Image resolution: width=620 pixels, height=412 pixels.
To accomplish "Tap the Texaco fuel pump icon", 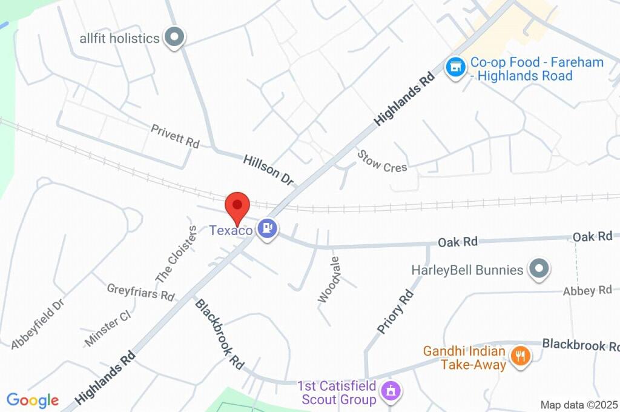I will click(267, 229).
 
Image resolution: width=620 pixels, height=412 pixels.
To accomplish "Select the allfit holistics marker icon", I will click(175, 38).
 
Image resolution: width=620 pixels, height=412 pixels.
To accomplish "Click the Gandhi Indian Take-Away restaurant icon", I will click(519, 356).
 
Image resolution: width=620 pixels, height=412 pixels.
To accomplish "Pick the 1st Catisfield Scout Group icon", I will click(391, 391).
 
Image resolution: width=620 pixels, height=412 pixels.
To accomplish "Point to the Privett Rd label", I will click(175, 136).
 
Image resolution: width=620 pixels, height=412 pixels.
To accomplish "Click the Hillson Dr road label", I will click(268, 170).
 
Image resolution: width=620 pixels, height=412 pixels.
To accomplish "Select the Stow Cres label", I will click(382, 161).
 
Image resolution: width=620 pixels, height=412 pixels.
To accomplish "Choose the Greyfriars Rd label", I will click(140, 291).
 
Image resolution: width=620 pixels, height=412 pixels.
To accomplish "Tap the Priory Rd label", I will click(395, 311).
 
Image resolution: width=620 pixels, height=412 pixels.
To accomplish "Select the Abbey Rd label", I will click(587, 291).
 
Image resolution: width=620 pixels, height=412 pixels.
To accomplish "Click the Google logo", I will click(33, 400).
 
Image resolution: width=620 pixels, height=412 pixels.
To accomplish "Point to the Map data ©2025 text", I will click(579, 405).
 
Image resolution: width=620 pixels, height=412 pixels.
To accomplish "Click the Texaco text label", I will click(231, 231).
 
